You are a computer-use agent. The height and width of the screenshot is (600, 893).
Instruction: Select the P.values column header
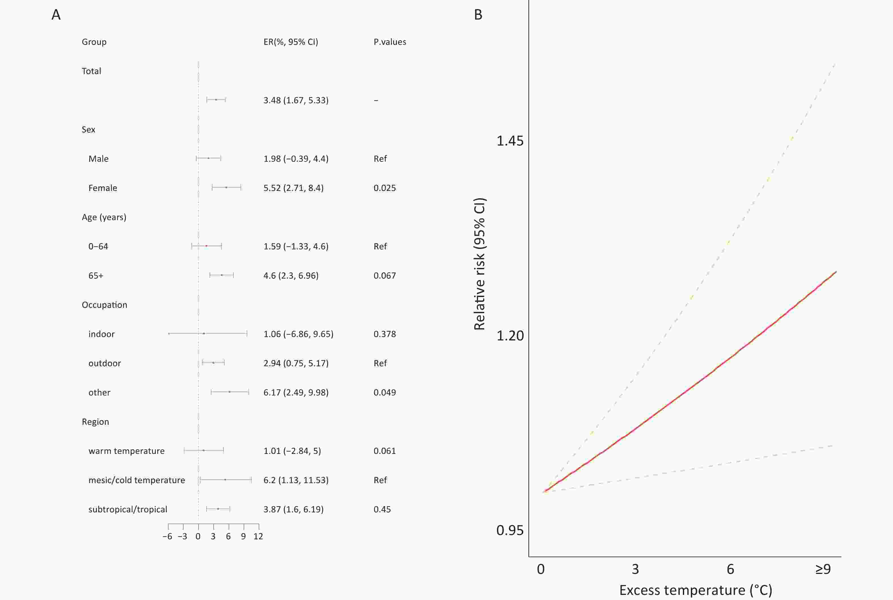[x=390, y=42]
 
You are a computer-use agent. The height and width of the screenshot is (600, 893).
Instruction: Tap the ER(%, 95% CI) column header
[x=291, y=42]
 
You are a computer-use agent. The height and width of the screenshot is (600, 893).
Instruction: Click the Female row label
[x=102, y=188]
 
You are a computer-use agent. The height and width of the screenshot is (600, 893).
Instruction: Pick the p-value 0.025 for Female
[x=385, y=188]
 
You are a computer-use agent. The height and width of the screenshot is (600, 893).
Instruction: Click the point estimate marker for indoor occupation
[x=204, y=334]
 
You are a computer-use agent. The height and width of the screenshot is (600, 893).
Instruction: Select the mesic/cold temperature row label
[x=136, y=480]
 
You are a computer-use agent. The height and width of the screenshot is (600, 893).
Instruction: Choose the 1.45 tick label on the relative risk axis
[x=509, y=141]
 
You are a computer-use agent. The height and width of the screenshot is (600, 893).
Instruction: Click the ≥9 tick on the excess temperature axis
[x=823, y=569]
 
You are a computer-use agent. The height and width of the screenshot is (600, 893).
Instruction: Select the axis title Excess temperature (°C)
[x=695, y=590]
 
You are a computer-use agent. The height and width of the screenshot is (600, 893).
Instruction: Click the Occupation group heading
[x=104, y=305]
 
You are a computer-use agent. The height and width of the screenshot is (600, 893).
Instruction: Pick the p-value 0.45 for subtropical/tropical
[x=382, y=509]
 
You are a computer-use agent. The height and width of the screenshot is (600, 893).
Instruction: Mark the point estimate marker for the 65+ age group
[x=222, y=275]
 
